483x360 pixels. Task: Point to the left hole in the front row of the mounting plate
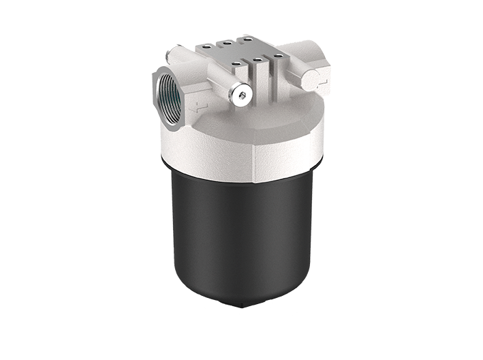[235, 65]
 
